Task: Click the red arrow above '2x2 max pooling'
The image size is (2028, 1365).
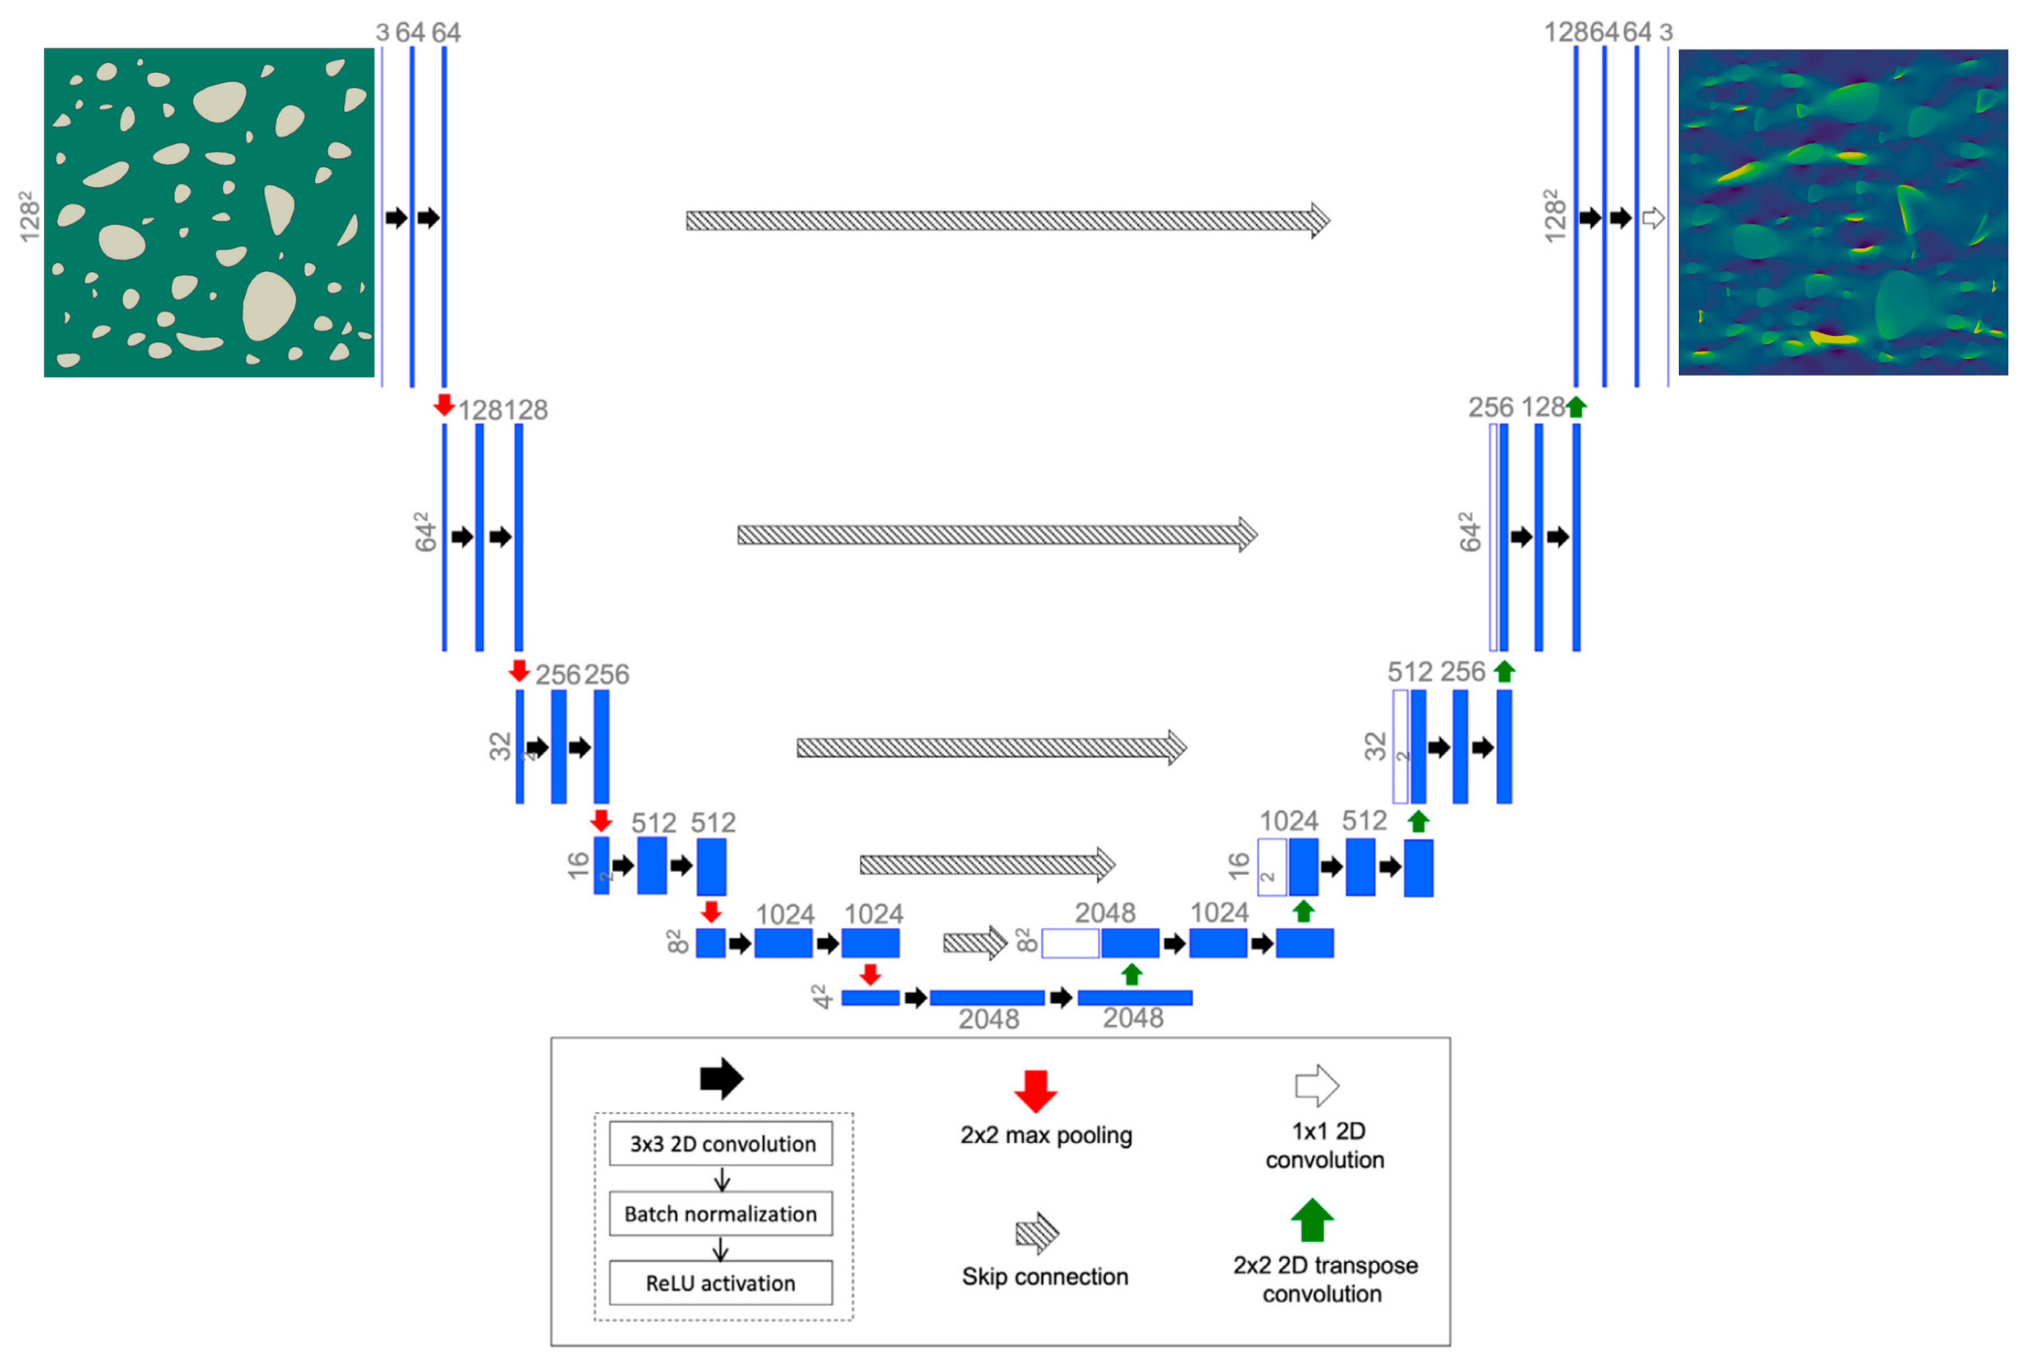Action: [x=1035, y=1091]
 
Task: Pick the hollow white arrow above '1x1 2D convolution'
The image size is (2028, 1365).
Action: [x=1316, y=1085]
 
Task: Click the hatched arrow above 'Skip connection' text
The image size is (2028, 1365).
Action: [x=1036, y=1233]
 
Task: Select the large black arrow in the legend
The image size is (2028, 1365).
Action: [x=721, y=1079]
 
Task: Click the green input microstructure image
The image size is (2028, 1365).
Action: [x=209, y=212]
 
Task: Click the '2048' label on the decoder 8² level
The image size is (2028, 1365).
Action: [x=1104, y=912]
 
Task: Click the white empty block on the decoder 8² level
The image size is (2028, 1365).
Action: [x=1070, y=943]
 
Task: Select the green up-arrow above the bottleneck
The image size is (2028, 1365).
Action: [x=1131, y=974]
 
